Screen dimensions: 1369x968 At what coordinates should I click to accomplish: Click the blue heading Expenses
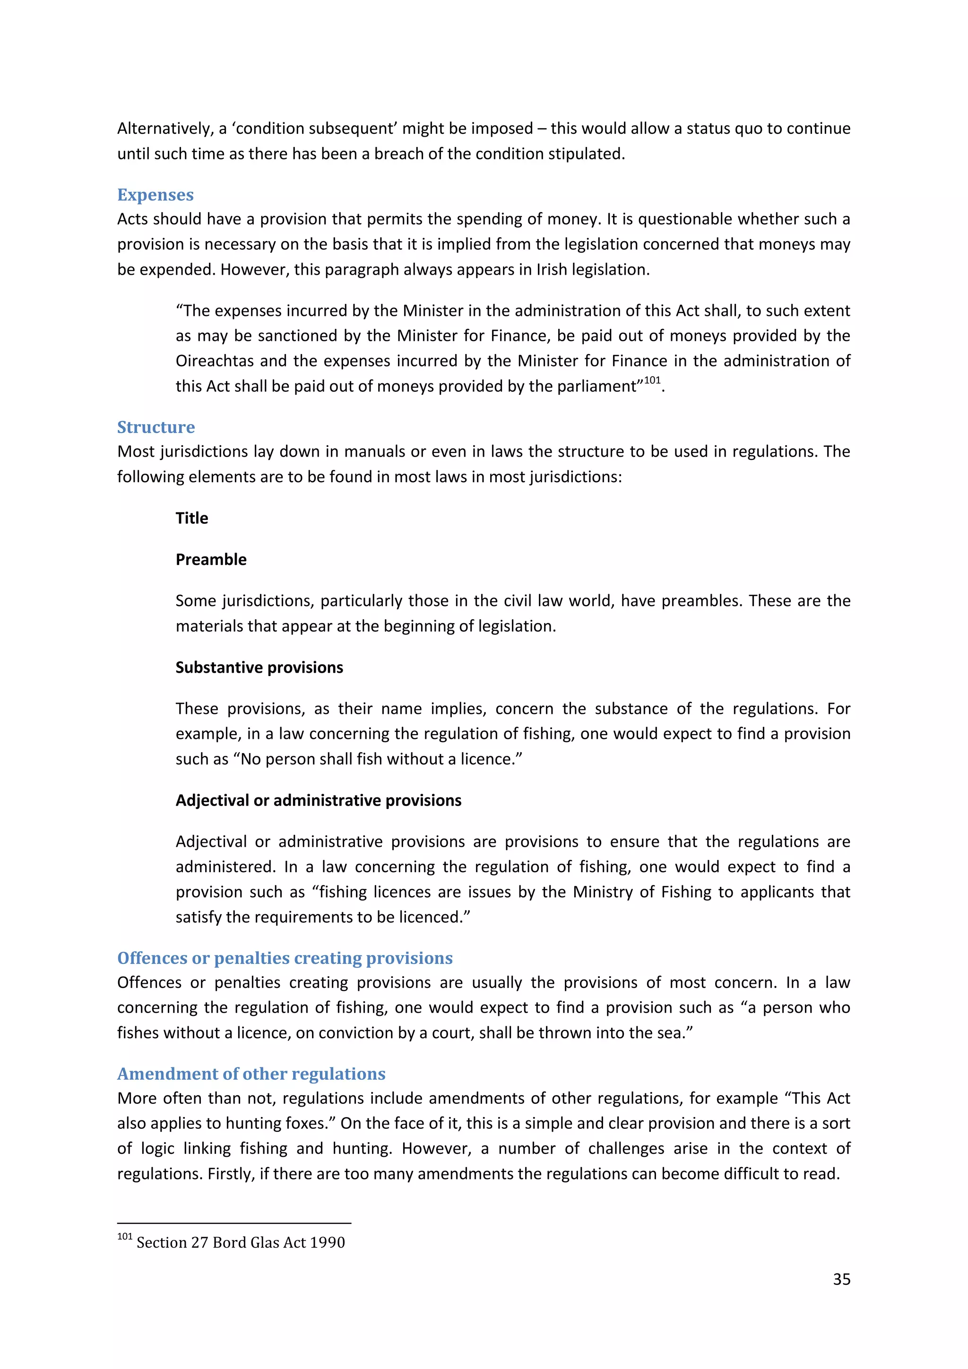point(155,195)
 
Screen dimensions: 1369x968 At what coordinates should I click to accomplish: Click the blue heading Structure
point(156,427)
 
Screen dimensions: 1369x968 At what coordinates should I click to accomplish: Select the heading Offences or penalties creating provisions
point(285,958)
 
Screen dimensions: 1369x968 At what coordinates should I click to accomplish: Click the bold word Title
point(191,518)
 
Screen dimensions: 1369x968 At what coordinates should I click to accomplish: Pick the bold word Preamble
point(210,559)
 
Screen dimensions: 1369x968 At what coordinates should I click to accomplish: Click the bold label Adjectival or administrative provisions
point(318,800)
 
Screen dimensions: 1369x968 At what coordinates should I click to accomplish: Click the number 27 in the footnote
point(199,1243)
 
